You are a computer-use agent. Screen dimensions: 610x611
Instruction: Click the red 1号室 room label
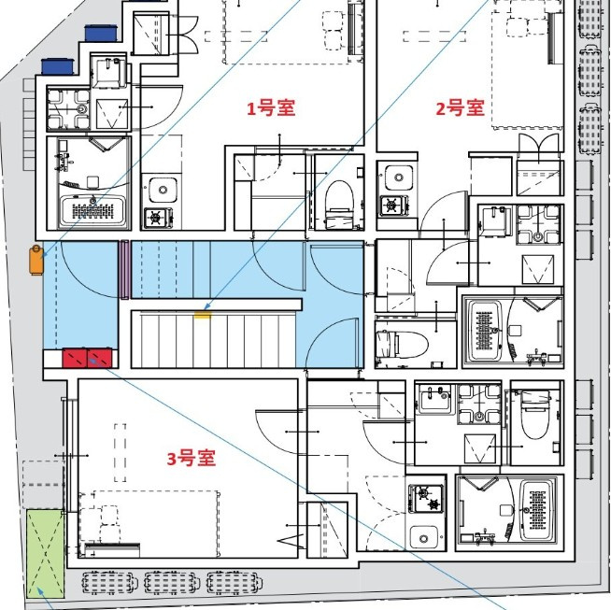pos(271,108)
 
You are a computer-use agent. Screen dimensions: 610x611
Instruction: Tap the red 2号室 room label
pos(461,107)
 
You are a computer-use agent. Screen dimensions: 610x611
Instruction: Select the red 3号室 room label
pos(192,459)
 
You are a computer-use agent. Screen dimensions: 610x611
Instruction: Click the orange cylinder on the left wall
pos(36,259)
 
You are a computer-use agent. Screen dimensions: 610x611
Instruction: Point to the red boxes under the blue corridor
pos(87,356)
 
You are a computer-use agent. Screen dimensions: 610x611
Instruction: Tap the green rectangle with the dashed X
pos(43,552)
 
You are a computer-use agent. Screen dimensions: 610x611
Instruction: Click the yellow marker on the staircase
pos(202,316)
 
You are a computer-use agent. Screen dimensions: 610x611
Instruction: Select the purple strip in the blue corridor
pos(123,270)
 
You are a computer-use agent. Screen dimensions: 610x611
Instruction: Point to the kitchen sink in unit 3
pos(424,538)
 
